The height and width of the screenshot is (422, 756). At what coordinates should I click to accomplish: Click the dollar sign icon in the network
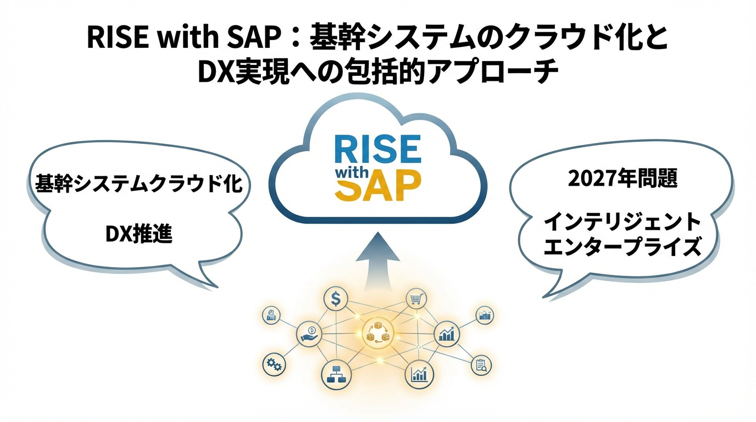click(x=335, y=299)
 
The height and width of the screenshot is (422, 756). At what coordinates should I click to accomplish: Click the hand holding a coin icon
click(x=309, y=333)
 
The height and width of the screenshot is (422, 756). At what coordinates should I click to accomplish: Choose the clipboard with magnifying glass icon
click(x=481, y=365)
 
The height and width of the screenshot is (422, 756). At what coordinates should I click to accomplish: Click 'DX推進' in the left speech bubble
click(x=138, y=235)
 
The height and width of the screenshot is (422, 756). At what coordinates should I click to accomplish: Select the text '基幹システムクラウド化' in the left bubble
click(x=138, y=184)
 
